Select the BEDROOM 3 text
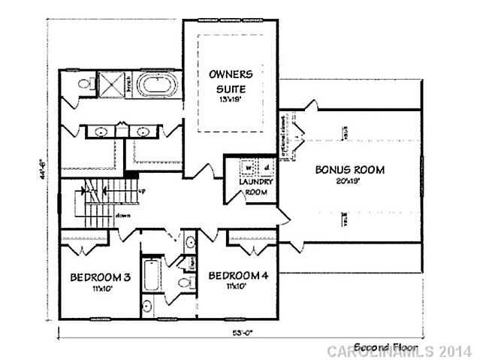(101, 278)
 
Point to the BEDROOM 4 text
(238, 275)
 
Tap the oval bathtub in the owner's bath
(158, 83)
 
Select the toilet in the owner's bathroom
(86, 82)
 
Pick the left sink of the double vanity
(101, 132)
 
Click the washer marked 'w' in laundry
(246, 168)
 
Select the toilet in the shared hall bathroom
(183, 283)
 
